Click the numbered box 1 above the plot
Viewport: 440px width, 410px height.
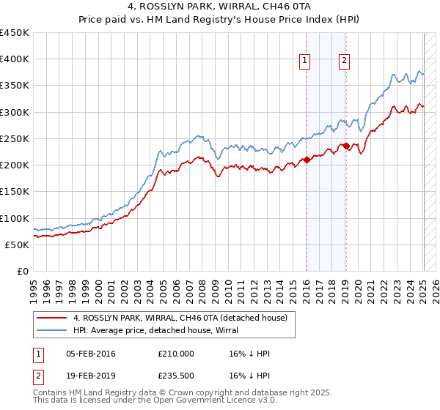304,61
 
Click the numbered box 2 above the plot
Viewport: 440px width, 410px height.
344,61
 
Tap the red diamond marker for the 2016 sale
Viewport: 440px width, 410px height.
307,160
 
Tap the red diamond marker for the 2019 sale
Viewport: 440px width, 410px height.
346,146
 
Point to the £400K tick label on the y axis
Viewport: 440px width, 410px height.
15,59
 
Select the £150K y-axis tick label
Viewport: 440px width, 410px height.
15,192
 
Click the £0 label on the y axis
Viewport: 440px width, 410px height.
23,272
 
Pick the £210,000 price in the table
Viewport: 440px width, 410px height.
175,354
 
